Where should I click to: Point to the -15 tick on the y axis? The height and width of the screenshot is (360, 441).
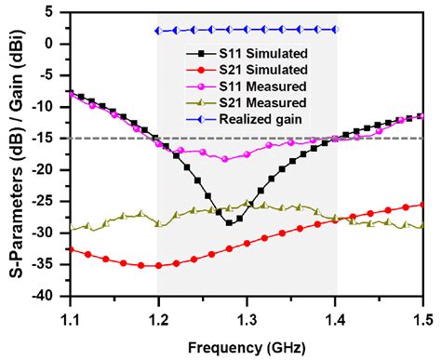pyautogui.click(x=50, y=139)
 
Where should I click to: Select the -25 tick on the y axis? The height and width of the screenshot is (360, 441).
pyautogui.click(x=50, y=202)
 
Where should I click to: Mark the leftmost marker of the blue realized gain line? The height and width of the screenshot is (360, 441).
pyautogui.click(x=157, y=31)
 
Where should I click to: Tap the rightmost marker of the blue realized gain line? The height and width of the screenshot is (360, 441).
pyautogui.click(x=335, y=30)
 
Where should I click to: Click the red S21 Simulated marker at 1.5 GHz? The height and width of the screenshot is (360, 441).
pyautogui.click(x=423, y=205)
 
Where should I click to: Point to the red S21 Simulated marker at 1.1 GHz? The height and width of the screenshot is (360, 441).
pyautogui.click(x=71, y=249)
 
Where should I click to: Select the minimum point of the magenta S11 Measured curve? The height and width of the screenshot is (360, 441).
pyautogui.click(x=224, y=159)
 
